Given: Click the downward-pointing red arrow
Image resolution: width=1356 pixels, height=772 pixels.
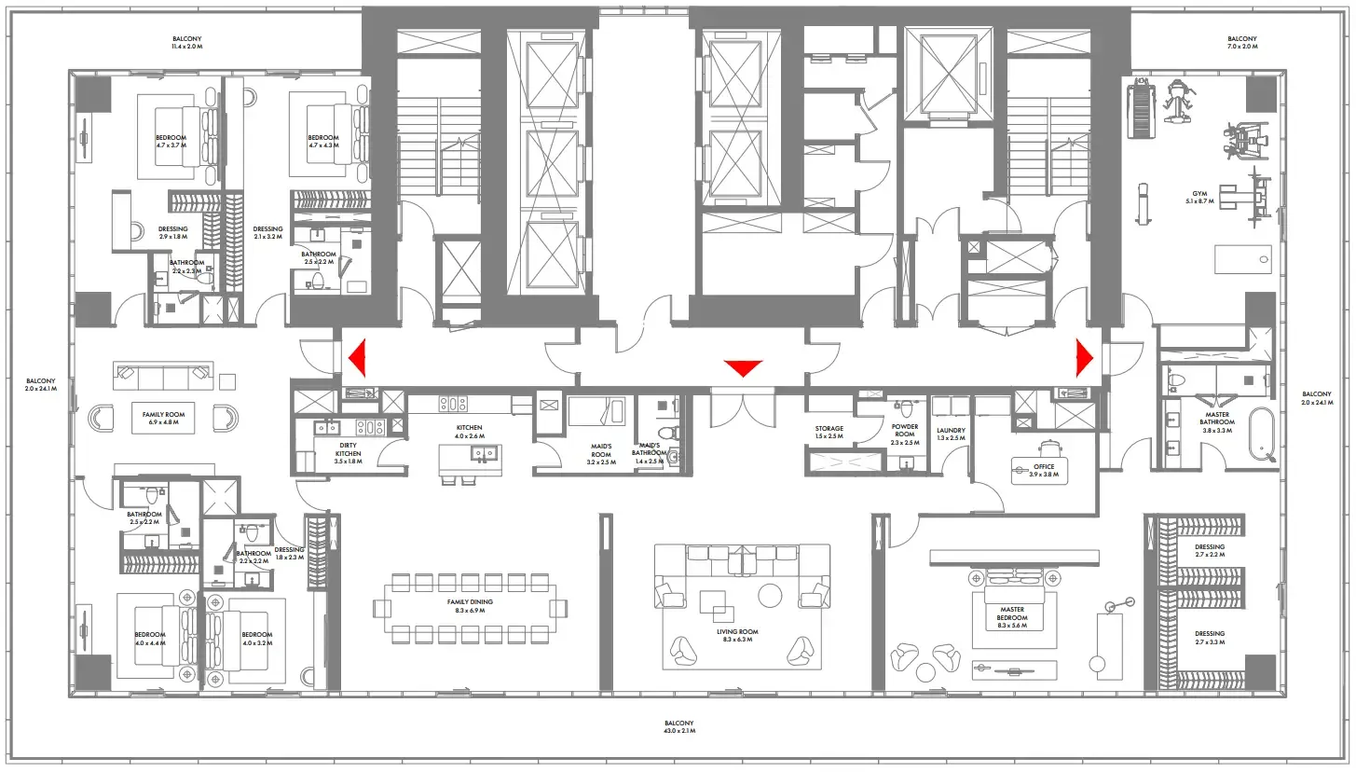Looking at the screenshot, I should pyautogui.click(x=743, y=368).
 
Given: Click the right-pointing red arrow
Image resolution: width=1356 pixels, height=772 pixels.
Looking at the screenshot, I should pyautogui.click(x=1085, y=357).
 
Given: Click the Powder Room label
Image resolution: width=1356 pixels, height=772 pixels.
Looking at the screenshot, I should pyautogui.click(x=904, y=434).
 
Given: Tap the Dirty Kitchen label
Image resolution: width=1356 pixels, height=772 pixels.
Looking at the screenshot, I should pyautogui.click(x=349, y=450).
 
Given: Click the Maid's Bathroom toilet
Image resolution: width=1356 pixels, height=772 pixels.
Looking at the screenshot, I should pyautogui.click(x=665, y=434).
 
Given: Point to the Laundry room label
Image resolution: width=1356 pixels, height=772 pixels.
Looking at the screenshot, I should pyautogui.click(x=951, y=434).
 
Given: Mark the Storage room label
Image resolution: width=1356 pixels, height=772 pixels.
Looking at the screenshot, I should pyautogui.click(x=829, y=433).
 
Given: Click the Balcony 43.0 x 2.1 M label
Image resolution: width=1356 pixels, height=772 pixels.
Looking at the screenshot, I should pyautogui.click(x=678, y=727).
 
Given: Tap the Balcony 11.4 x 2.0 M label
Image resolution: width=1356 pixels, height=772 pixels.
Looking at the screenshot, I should pyautogui.click(x=186, y=43).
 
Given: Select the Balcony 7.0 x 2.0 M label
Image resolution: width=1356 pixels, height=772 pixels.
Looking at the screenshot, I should pyautogui.click(x=1242, y=43).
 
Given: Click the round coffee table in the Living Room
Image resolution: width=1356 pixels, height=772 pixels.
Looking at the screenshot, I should pyautogui.click(x=770, y=594).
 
